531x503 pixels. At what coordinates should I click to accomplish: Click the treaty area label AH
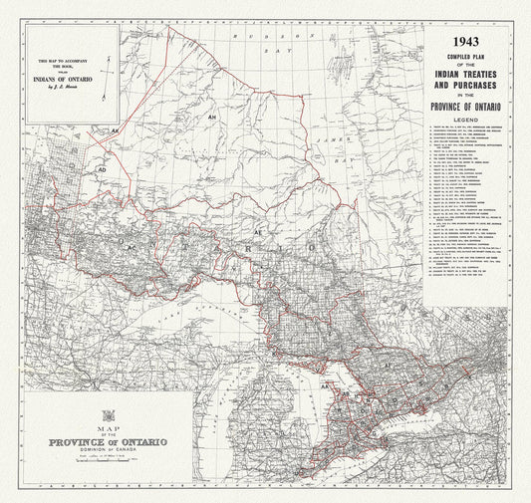coord(211,117)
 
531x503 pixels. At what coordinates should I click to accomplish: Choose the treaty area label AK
coord(116,130)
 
